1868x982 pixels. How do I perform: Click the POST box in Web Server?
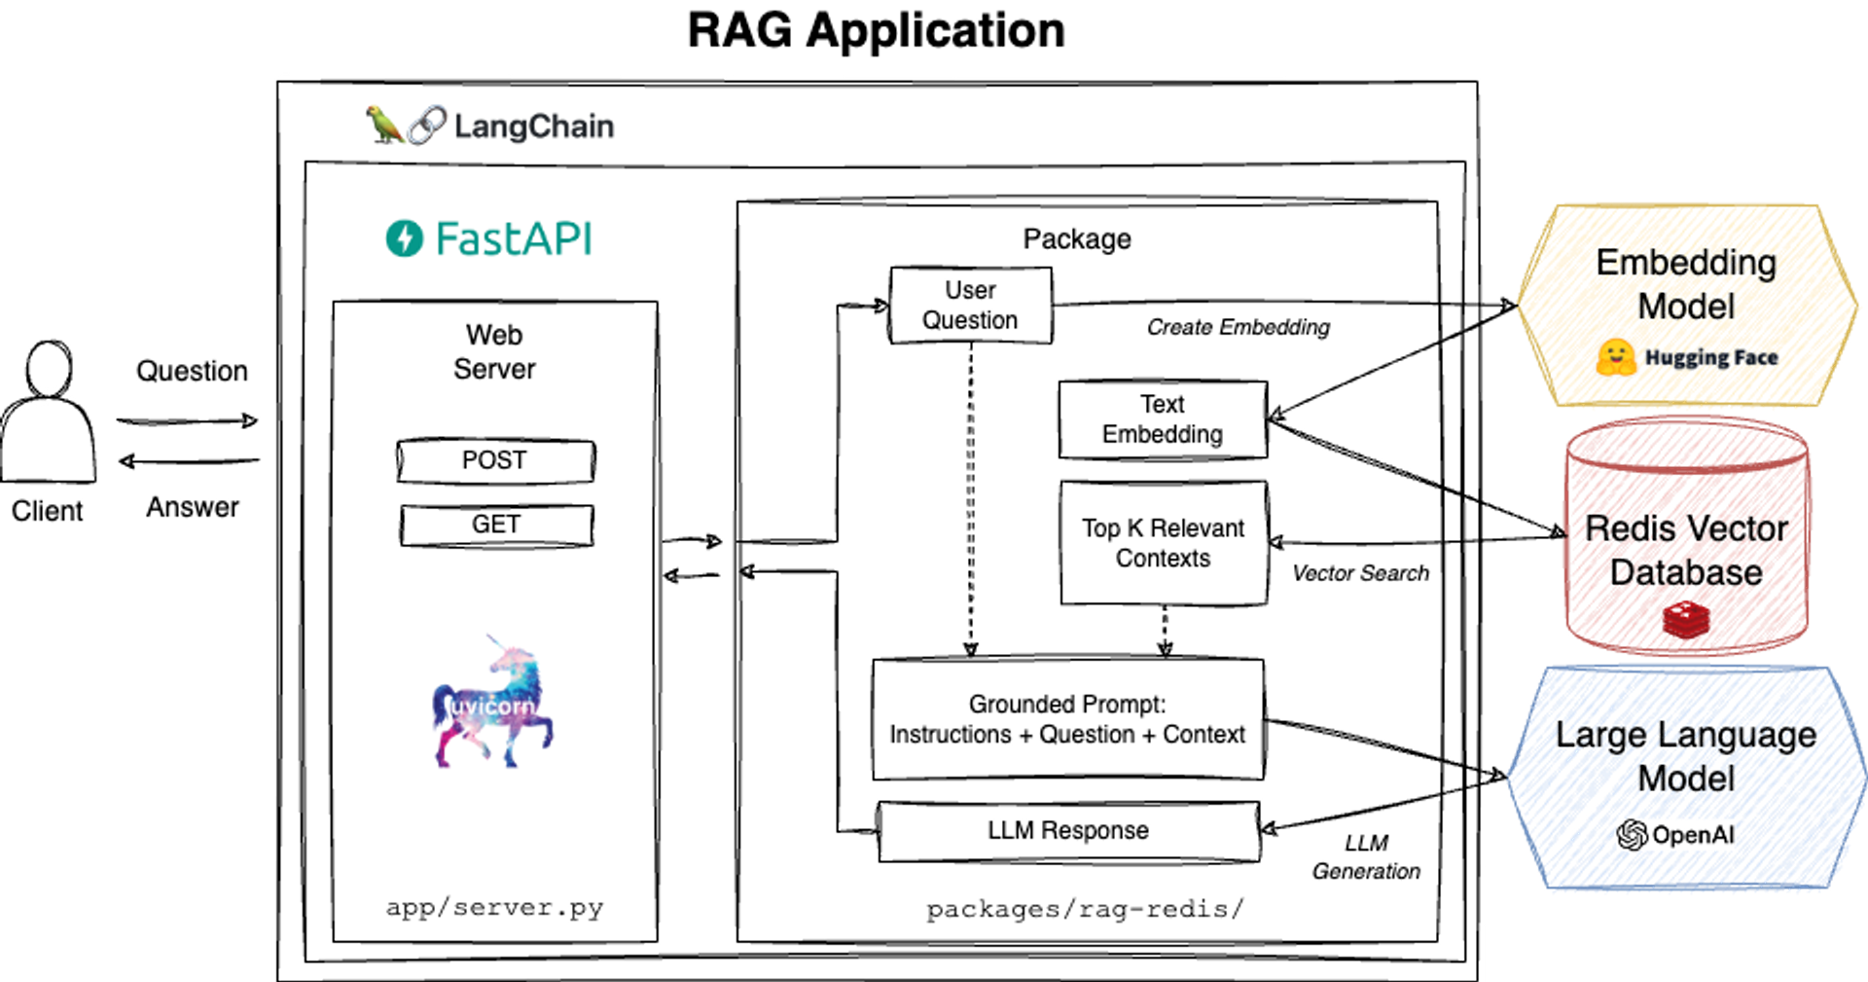point(495,460)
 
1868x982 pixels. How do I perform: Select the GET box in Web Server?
point(496,525)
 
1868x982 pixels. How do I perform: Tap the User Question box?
point(970,306)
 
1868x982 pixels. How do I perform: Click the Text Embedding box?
point(1163,419)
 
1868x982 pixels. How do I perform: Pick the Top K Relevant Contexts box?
point(1164,543)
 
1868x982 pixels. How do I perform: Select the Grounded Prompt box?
point(1067,719)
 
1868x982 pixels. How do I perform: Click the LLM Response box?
point(1068,831)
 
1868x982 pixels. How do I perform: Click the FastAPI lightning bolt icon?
point(405,238)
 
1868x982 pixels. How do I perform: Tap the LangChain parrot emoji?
point(384,126)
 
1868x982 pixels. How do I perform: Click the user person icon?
point(49,414)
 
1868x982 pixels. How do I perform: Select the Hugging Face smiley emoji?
point(1616,357)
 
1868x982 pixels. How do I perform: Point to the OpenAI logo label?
point(1677,835)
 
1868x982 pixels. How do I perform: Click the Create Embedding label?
point(1238,328)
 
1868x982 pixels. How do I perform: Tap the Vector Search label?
point(1360,574)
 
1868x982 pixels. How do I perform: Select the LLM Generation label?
point(1366,857)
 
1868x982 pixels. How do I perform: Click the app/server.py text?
point(494,908)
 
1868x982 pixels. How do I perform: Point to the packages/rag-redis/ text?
point(1085,910)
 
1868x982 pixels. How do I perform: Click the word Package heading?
point(1077,239)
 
